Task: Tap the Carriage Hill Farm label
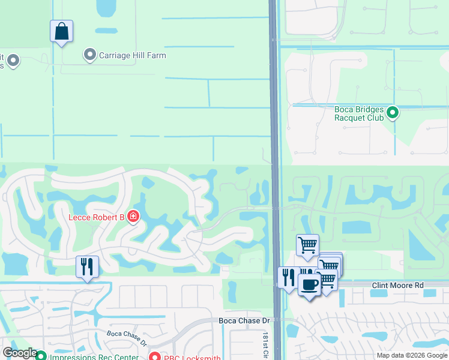pos(133,56)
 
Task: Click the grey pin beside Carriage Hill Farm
pos(90,55)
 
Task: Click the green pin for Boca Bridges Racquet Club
pos(393,112)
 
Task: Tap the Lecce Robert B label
pos(96,217)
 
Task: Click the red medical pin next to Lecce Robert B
pos(133,216)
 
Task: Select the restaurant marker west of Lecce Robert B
pos(87,266)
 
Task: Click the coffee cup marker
pos(309,284)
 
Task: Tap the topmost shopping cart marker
pos(307,245)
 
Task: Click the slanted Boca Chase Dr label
pos(127,338)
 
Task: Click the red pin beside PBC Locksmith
pos(154,356)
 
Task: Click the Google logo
pos(20,353)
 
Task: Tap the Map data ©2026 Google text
pos(412,355)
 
